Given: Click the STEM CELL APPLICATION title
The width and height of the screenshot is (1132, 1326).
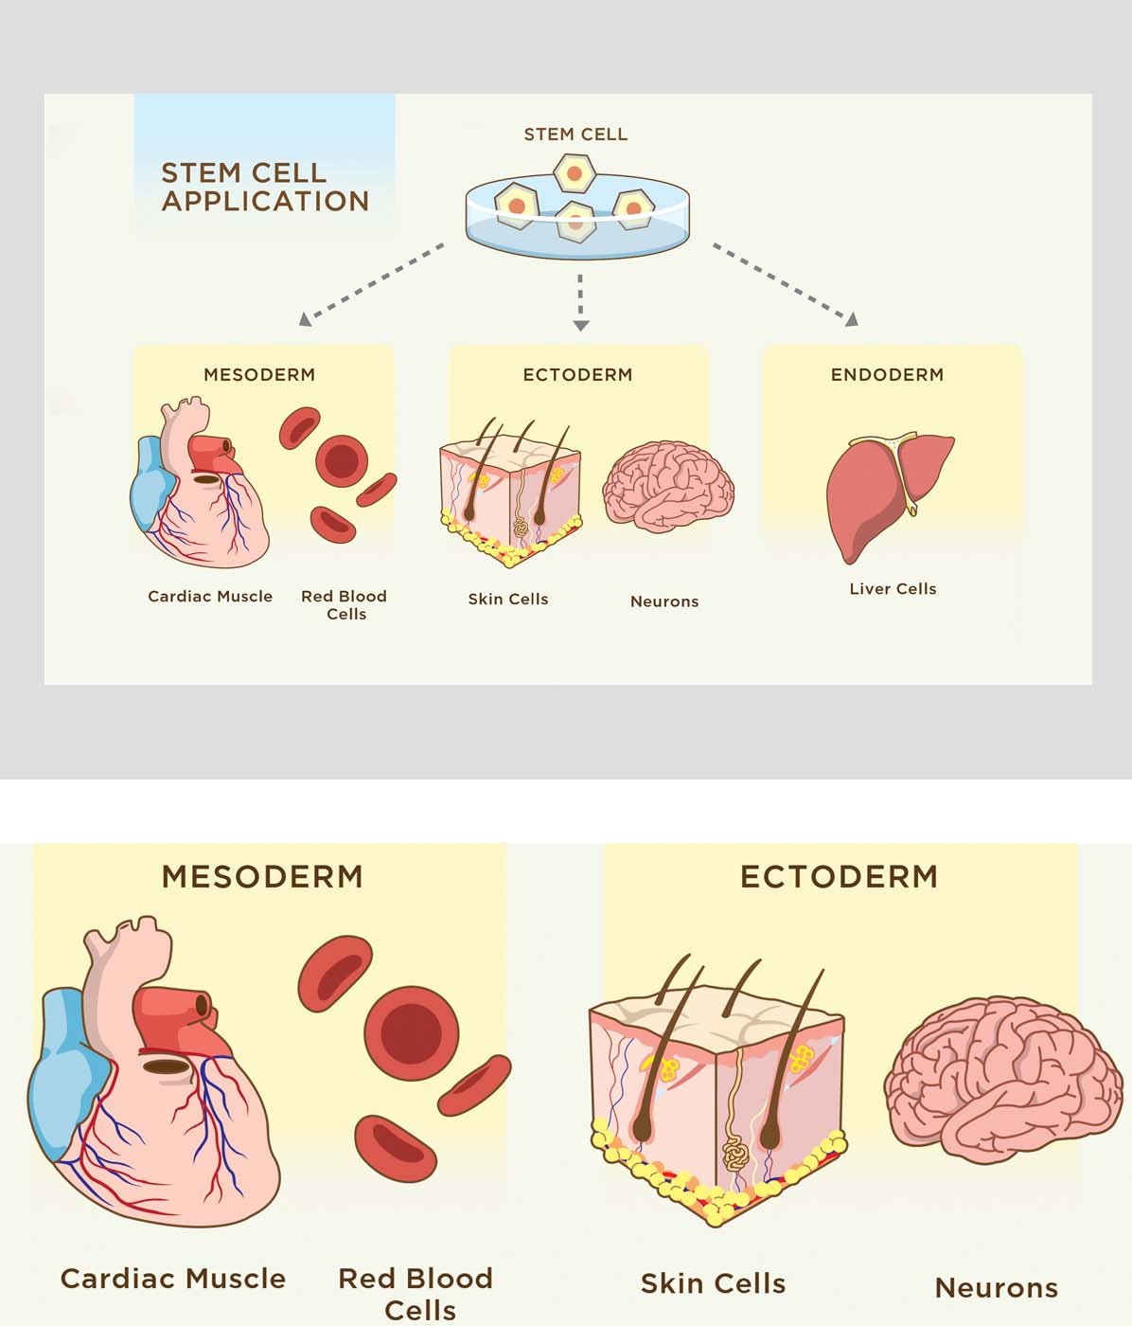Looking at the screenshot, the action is tap(264, 187).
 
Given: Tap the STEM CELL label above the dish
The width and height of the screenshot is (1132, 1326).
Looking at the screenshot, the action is tap(575, 134).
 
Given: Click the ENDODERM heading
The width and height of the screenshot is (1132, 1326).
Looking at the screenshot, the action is tap(887, 374).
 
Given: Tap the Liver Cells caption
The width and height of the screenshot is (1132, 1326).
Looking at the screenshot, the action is tap(893, 588).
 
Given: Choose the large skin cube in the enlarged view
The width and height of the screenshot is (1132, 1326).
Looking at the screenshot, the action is tap(716, 1099).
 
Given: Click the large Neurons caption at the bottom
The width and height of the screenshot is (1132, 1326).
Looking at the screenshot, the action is tap(996, 1288).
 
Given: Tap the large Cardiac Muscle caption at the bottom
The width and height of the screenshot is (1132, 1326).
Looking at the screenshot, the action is tap(172, 1279).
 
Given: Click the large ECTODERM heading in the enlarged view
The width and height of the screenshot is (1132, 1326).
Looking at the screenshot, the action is tap(839, 876).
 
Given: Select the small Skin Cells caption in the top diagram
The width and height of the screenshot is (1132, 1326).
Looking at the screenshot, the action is tap(508, 599).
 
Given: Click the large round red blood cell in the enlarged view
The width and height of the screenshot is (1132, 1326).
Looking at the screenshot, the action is tap(411, 1031).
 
